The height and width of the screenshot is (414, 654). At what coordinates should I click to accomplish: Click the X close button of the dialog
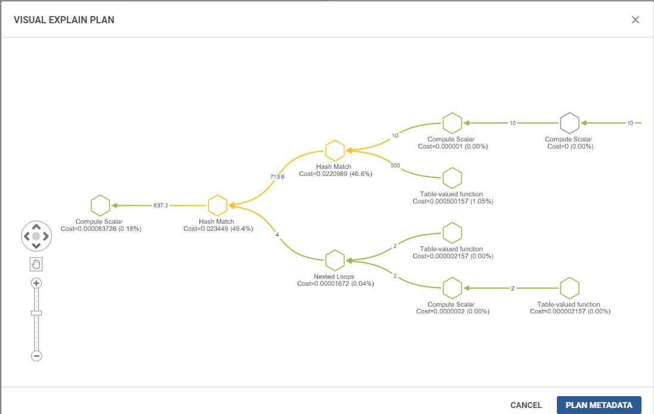click(x=635, y=20)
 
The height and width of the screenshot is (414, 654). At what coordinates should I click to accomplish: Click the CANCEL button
click(x=526, y=405)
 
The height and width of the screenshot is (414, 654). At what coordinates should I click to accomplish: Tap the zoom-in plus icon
click(x=36, y=283)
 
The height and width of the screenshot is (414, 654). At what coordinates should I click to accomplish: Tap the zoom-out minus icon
click(x=36, y=356)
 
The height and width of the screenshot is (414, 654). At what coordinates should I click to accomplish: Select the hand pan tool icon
click(x=36, y=264)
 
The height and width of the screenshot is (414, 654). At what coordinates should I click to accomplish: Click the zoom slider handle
click(x=36, y=313)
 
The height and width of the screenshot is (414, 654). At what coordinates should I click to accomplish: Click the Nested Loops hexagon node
click(x=335, y=260)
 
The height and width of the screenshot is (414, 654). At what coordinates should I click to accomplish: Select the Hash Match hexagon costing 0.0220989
click(x=335, y=150)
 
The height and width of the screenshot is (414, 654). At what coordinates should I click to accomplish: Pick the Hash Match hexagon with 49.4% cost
click(x=217, y=206)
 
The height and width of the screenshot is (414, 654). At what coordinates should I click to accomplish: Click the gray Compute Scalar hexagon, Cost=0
click(x=569, y=123)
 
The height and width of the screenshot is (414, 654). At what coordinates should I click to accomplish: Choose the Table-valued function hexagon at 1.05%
click(x=452, y=178)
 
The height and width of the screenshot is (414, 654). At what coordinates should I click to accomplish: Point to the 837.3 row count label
click(x=161, y=206)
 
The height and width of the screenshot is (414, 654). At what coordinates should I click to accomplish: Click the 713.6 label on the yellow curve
click(x=278, y=177)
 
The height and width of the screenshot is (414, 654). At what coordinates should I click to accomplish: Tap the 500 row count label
click(x=395, y=165)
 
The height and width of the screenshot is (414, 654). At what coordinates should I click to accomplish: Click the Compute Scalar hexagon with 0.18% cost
click(x=100, y=206)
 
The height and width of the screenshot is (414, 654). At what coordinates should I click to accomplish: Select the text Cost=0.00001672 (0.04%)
click(x=335, y=284)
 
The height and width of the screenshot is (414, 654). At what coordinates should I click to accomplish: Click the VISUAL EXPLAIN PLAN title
click(x=64, y=20)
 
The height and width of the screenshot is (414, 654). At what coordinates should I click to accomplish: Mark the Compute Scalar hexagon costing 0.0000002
click(x=452, y=288)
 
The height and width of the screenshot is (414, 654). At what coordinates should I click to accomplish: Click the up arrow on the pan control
click(x=36, y=227)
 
